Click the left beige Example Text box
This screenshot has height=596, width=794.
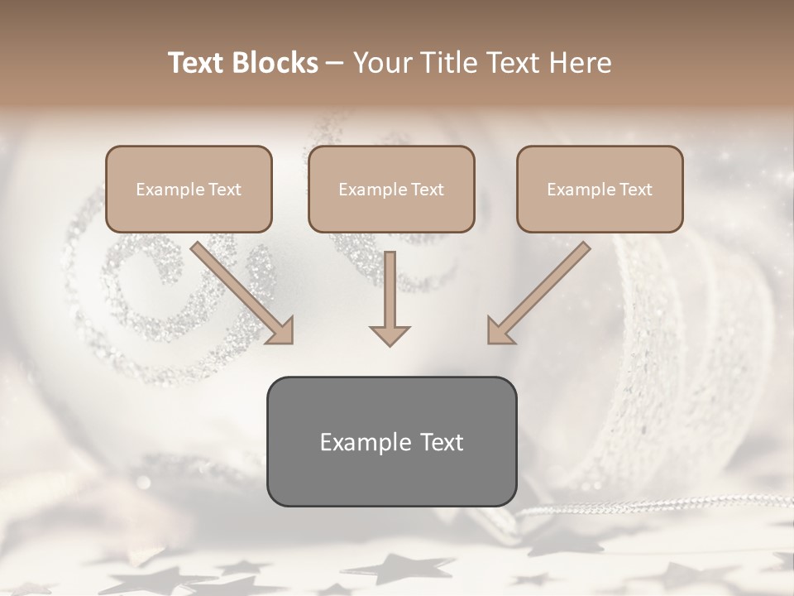coord(189,189)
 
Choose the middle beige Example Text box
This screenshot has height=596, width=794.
coord(391,189)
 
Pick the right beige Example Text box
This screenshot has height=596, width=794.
coord(600,189)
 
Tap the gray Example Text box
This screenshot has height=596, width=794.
coord(391,441)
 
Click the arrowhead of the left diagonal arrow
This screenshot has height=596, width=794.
coord(281,331)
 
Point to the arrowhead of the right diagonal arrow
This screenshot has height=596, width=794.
coord(499,331)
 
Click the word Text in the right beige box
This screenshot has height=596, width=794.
coord(635,190)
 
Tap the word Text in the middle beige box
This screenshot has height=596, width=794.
coord(427,190)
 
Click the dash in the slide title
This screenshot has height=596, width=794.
coord(335,64)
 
